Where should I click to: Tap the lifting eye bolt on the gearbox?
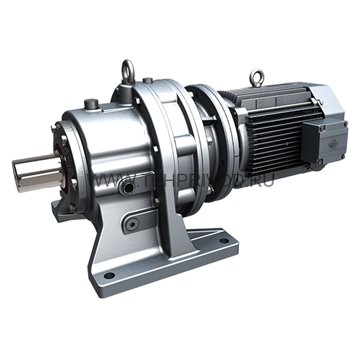(x=128, y=71)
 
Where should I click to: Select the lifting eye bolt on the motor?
(x=256, y=75)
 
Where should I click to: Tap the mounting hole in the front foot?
(x=109, y=275)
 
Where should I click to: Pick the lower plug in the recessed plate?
(x=132, y=224)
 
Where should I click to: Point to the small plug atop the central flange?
(x=147, y=80)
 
